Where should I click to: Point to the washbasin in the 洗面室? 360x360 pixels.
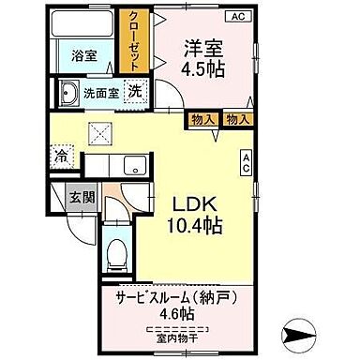click(68, 95)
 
